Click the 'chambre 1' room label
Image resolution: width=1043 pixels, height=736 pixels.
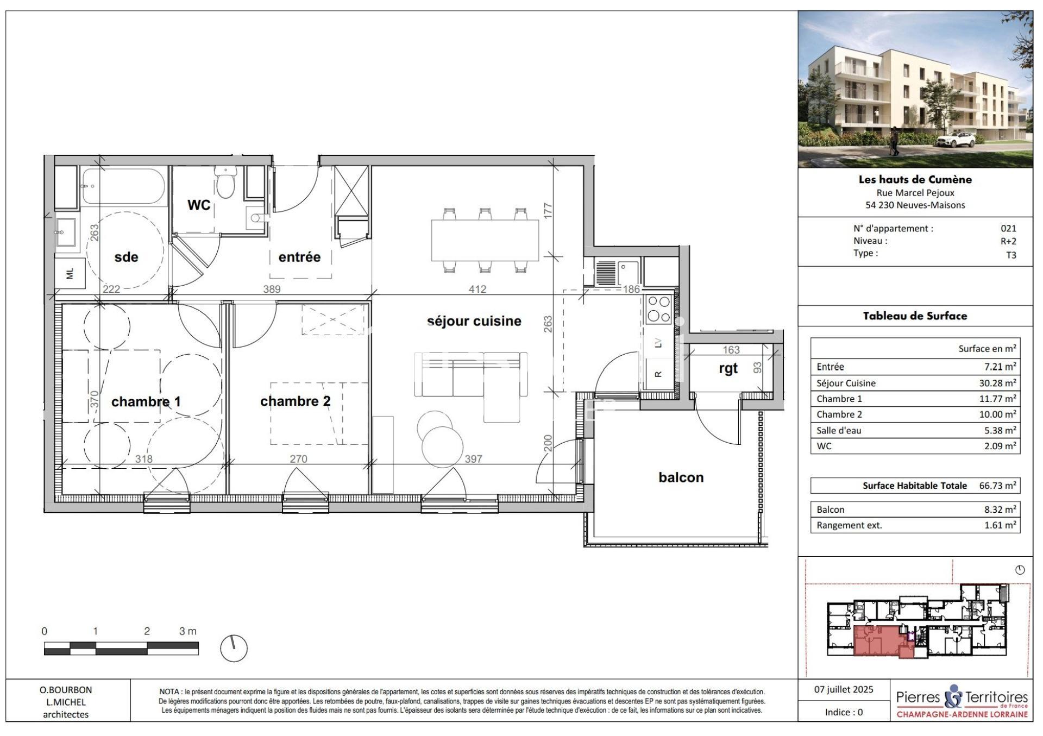click(x=146, y=401)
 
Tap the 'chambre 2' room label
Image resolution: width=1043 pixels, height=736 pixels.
click(x=295, y=401)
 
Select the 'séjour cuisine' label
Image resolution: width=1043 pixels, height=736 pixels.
click(x=474, y=321)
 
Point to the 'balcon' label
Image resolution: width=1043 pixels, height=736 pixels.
click(x=681, y=477)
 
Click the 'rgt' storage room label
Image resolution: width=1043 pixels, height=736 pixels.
click(x=728, y=369)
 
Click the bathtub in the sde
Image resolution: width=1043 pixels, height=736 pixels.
click(x=123, y=186)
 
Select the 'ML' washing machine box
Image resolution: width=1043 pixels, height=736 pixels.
click(x=70, y=274)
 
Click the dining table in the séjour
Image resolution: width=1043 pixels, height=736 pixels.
click(x=485, y=240)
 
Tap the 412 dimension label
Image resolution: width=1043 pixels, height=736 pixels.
click(x=477, y=290)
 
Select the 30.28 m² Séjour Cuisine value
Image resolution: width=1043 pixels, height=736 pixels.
click(x=997, y=383)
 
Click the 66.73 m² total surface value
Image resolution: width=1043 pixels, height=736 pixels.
click(x=997, y=486)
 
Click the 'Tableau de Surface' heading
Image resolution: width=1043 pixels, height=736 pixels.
click(x=915, y=316)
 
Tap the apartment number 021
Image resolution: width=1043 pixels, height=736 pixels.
click(x=1008, y=229)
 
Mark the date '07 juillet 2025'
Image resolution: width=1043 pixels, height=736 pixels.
click(x=844, y=689)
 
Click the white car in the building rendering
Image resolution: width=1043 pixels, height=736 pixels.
click(x=954, y=140)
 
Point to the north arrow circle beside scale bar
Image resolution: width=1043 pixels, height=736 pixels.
click(x=234, y=648)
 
